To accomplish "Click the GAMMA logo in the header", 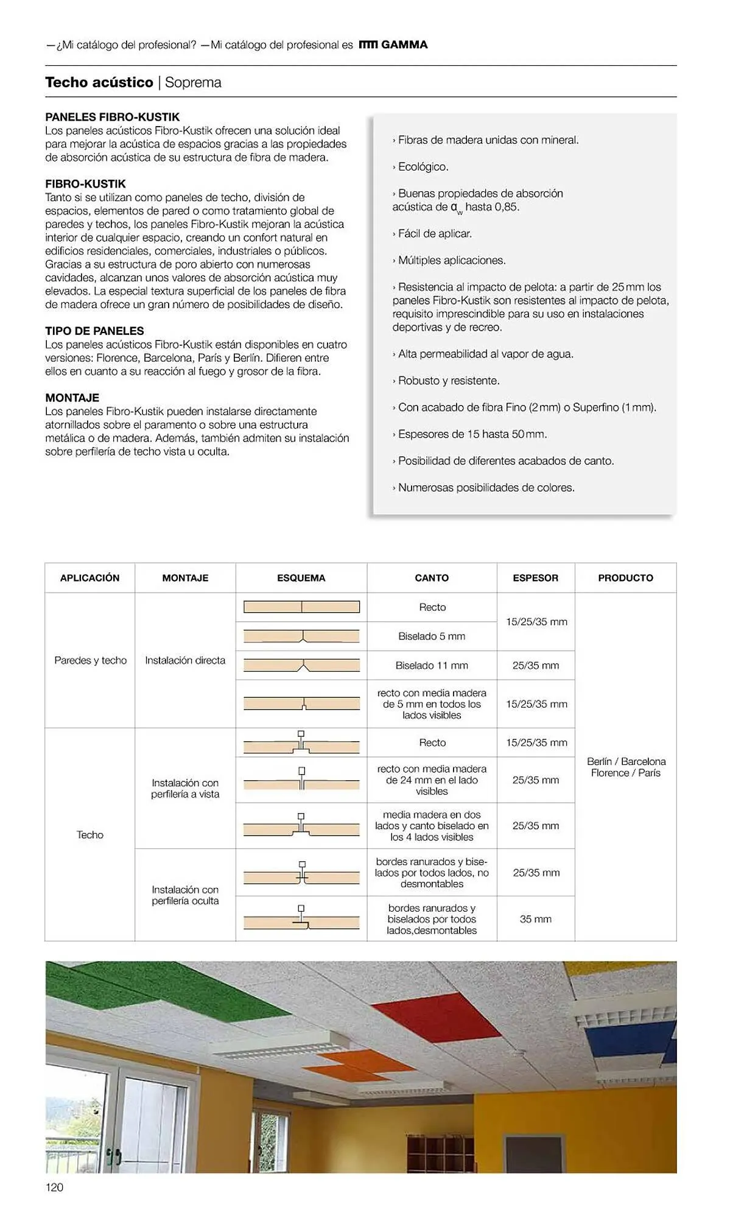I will pyautogui.click(x=393, y=44).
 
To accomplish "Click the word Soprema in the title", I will pyautogui.click(x=193, y=82).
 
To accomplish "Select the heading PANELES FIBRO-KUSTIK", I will pyautogui.click(x=112, y=117).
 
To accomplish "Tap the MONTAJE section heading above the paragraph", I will pyautogui.click(x=72, y=398).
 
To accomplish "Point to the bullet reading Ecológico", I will pyautogui.click(x=423, y=166).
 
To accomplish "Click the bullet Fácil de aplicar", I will pyautogui.click(x=435, y=233).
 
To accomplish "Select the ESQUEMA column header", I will pyautogui.click(x=301, y=578).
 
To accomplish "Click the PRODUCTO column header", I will pyautogui.click(x=625, y=578).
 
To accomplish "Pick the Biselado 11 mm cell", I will pyautogui.click(x=432, y=666).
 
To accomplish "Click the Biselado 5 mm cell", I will pyautogui.click(x=432, y=636).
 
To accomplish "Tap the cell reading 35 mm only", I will pyautogui.click(x=535, y=919).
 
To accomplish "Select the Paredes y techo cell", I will pyautogui.click(x=90, y=660).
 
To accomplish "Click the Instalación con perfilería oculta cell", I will pyautogui.click(x=185, y=895).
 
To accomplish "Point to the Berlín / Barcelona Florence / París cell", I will pyautogui.click(x=626, y=767).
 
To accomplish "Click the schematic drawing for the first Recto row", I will pyautogui.click(x=301, y=607).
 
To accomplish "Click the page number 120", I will pyautogui.click(x=54, y=1187).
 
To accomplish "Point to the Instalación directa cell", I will pyautogui.click(x=185, y=660).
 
